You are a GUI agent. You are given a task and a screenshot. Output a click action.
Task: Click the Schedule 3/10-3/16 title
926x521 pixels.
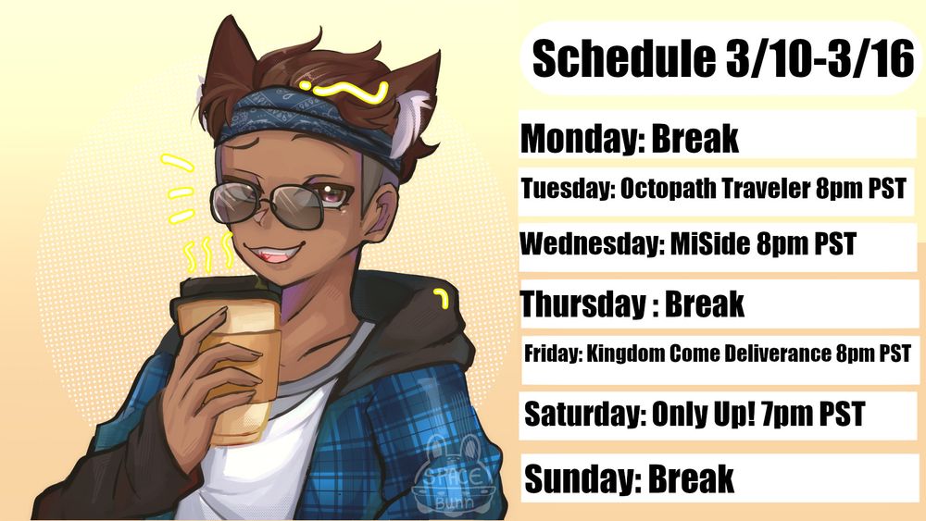pos(723,59)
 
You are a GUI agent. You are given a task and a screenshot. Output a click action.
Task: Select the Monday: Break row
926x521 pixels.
pos(630,139)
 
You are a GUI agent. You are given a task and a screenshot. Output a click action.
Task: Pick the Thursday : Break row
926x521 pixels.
pos(632,303)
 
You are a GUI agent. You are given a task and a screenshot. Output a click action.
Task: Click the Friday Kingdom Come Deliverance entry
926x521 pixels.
pos(718,354)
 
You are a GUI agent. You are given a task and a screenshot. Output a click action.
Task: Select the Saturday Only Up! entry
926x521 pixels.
pos(694,413)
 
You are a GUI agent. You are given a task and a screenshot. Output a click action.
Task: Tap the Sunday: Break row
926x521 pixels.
pos(630,478)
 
